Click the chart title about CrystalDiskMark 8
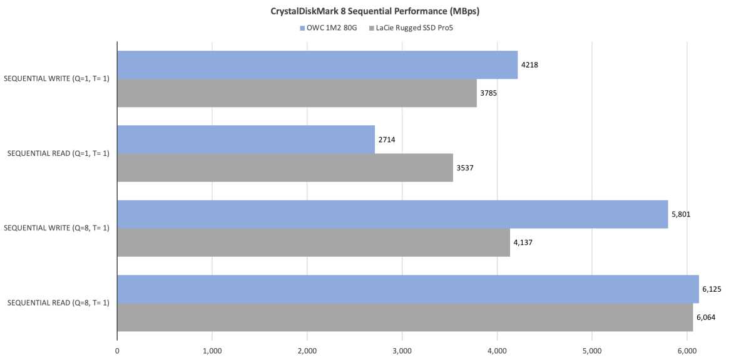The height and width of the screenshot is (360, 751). click(375, 11)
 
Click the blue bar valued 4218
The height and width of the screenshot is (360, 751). click(317, 65)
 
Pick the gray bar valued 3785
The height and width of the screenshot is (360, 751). click(297, 93)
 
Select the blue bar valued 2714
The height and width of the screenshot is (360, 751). click(246, 140)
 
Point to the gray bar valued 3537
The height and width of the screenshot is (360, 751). click(285, 168)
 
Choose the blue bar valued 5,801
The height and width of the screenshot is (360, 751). click(392, 214)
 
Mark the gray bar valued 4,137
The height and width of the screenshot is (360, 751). click(314, 242)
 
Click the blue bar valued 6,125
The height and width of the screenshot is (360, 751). click(408, 289)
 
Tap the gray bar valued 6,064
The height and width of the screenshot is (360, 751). click(405, 317)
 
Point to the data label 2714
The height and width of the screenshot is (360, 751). click(386, 140)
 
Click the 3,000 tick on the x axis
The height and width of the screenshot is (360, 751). click(402, 351)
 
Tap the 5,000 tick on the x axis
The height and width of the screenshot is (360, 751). click(592, 351)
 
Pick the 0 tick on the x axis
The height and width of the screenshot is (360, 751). click(117, 351)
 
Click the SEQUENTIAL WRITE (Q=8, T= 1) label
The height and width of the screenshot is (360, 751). click(57, 228)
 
